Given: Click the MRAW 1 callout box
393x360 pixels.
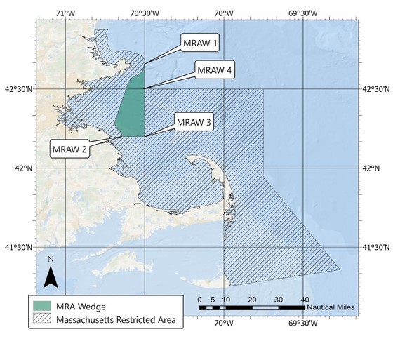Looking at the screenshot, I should tap(201, 44).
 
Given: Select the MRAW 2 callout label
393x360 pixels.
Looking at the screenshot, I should tap(69, 149).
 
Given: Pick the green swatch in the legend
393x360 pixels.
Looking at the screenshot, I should tap(44, 306).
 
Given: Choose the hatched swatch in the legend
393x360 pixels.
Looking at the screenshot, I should tap(44, 321).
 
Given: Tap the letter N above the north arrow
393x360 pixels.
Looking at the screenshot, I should tap(50, 260).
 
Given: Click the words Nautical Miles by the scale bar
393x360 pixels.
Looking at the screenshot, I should tap(331, 307).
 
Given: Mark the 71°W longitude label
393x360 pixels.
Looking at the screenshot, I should tap(65, 13).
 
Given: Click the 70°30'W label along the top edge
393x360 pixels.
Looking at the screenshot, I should tap(145, 13).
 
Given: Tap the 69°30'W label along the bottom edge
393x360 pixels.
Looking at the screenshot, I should tap(302, 324).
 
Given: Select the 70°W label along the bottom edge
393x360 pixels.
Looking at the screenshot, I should tap(224, 324).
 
